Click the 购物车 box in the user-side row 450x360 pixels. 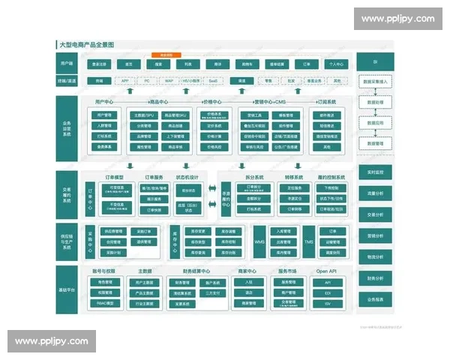[x=248, y=64]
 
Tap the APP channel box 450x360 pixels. [x=124, y=80]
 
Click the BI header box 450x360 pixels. [x=375, y=59]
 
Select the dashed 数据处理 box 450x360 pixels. [x=375, y=100]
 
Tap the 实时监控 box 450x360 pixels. [x=375, y=172]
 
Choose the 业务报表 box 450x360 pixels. [x=375, y=299]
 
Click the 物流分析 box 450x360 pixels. [x=375, y=257]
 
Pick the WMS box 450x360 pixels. [x=260, y=241]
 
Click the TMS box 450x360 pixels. [x=308, y=241]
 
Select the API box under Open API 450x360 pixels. [x=328, y=282]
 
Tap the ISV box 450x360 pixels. [x=328, y=304]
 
